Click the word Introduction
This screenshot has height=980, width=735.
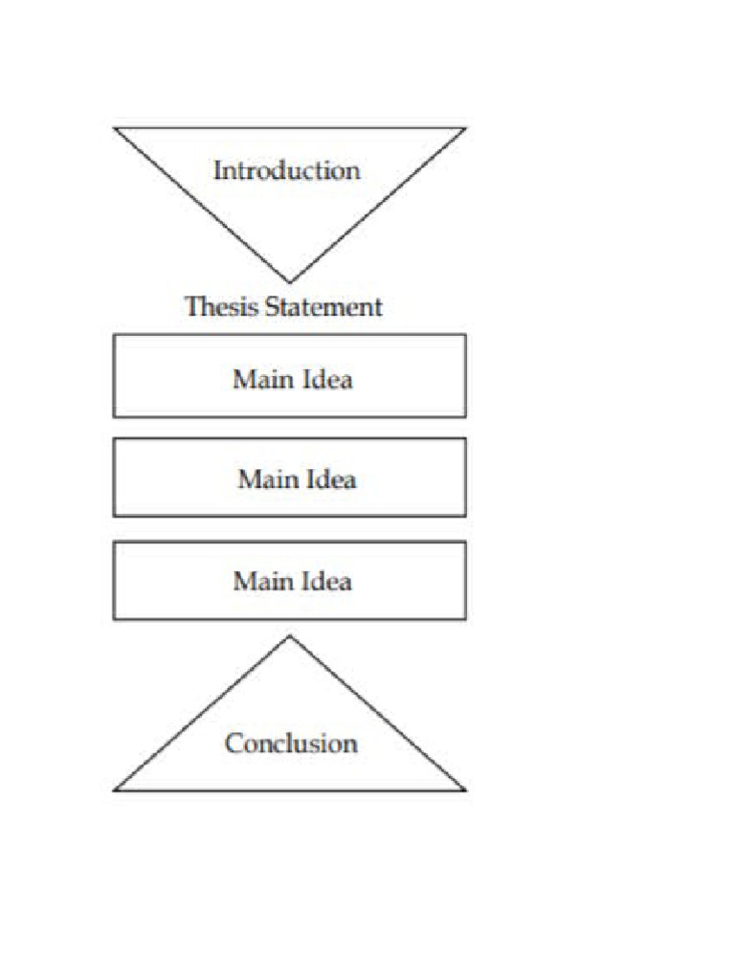[286, 171]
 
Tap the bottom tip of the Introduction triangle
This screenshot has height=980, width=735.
[290, 282]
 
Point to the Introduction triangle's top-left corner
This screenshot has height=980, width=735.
[115, 128]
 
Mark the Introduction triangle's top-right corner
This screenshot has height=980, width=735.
[465, 128]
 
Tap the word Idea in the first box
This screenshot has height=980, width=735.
[325, 379]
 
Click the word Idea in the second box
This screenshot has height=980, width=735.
[330, 479]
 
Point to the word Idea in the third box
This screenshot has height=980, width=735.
[325, 581]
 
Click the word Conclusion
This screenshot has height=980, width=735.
[291, 744]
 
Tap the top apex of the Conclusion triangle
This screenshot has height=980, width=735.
[290, 636]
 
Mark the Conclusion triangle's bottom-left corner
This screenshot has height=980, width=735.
[115, 790]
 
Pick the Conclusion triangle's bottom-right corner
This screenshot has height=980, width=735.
[465, 790]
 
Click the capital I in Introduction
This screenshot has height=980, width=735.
[217, 171]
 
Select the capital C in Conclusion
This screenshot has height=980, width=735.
[233, 744]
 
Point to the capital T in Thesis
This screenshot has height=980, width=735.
[191, 307]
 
